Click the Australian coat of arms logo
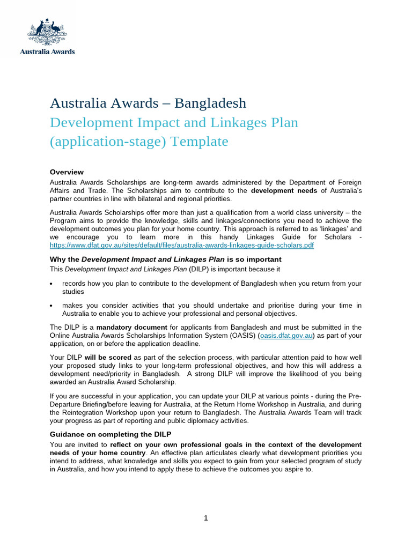(47, 32)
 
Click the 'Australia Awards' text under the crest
(47, 52)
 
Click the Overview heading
(67, 172)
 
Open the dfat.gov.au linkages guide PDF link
(182, 245)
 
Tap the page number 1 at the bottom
(206, 518)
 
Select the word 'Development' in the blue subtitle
(90, 122)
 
